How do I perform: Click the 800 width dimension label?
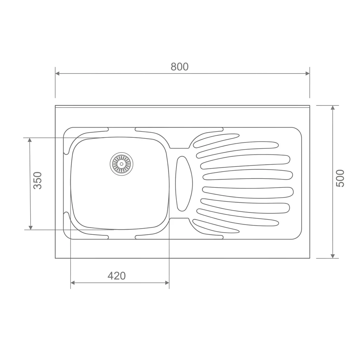coord(180,66)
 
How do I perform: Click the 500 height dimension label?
coord(340,178)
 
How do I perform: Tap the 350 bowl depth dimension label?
coord(38,180)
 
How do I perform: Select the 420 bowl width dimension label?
coord(117,276)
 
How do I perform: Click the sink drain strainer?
coord(121,164)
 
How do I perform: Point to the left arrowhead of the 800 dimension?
coord(57,73)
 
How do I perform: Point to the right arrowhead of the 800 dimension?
coord(307,73)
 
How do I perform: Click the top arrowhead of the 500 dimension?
coord(333,108)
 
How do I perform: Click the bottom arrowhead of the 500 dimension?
coord(333,256)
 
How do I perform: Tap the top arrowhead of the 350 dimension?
coord(30,140)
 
